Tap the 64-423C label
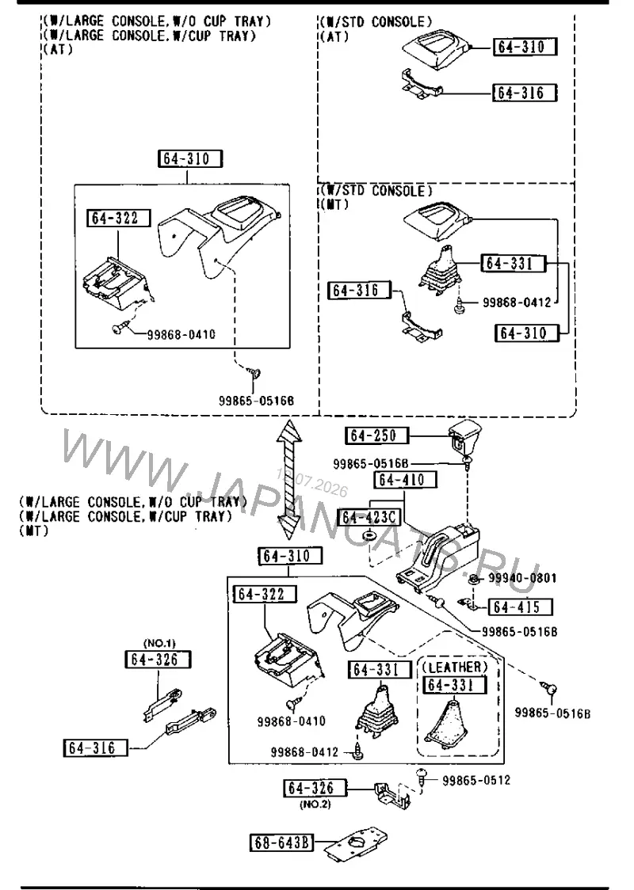(369, 518)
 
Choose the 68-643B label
(281, 843)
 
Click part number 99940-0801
(522, 578)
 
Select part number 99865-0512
(476, 781)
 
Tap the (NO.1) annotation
(159, 643)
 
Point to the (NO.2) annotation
(314, 804)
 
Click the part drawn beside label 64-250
(464, 437)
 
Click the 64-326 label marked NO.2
(315, 789)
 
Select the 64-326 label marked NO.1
(158, 660)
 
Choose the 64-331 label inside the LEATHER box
(454, 686)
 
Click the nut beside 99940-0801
(473, 579)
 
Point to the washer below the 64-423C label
(370, 536)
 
